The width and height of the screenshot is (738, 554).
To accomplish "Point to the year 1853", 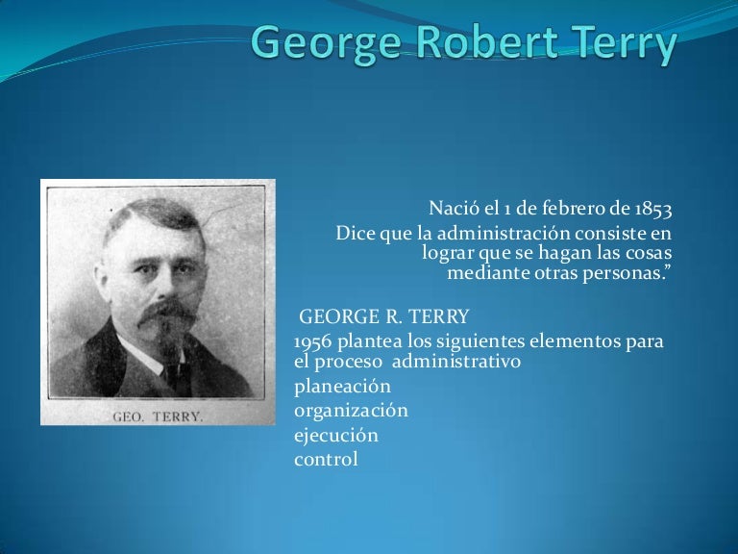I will pos(652,209).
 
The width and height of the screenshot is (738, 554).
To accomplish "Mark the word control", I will pos(326,459).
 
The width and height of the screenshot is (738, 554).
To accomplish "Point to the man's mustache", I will pos(165,315).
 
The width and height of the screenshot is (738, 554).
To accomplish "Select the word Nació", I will pos(451,209).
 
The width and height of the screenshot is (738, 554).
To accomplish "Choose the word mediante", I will pos(485,273).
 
